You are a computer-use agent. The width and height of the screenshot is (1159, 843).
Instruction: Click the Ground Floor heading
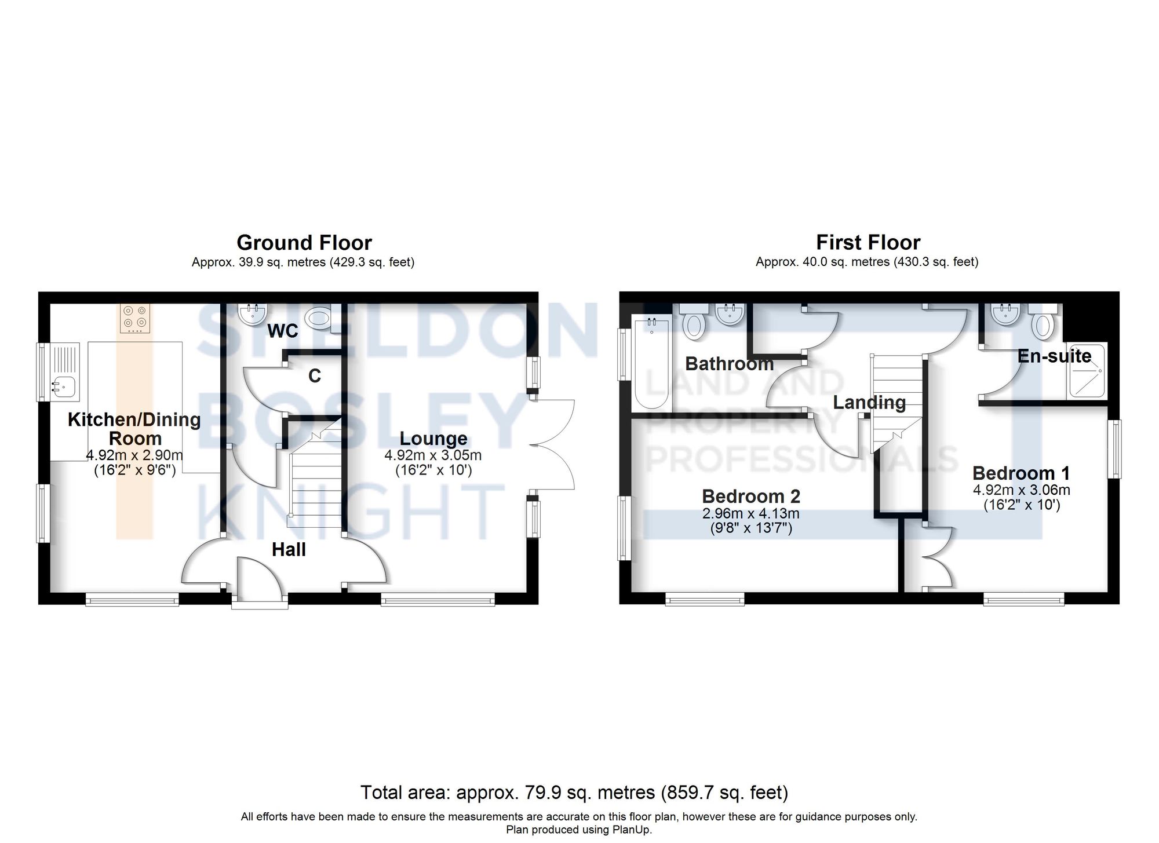304,242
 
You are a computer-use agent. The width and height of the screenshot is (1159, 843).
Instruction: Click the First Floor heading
868,242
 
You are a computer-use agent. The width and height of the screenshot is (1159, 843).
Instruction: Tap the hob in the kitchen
134,318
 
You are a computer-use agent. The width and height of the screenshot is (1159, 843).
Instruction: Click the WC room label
283,331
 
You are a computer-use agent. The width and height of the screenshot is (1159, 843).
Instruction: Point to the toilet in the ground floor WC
319,318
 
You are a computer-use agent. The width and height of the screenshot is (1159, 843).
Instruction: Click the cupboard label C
315,377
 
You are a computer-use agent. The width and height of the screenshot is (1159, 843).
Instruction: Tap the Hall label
289,549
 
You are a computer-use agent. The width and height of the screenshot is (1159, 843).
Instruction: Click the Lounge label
433,439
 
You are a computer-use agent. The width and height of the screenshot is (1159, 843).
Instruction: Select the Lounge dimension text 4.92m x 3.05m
433,455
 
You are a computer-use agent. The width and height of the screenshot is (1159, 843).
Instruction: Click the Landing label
869,402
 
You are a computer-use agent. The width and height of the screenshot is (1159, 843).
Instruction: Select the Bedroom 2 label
751,496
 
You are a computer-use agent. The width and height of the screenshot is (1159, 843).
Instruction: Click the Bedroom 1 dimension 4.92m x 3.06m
1021,490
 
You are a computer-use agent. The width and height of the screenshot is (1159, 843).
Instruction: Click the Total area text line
574,792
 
